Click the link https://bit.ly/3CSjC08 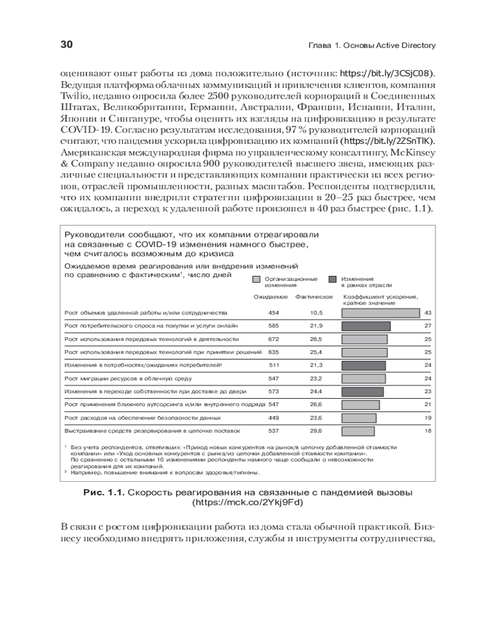[x=387, y=73]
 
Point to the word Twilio [x=75, y=95]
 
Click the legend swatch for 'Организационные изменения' [x=257, y=280]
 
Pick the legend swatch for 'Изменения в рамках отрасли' [x=333, y=280]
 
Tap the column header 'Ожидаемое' [x=266, y=297]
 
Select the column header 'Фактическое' [x=314, y=297]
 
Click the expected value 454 [x=273, y=312]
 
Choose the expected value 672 [x=273, y=339]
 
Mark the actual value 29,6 [x=317, y=430]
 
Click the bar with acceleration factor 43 [x=381, y=312]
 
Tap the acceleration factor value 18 [x=428, y=430]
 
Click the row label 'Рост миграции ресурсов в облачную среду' [x=125, y=378]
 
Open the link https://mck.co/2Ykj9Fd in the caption [x=248, y=503]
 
